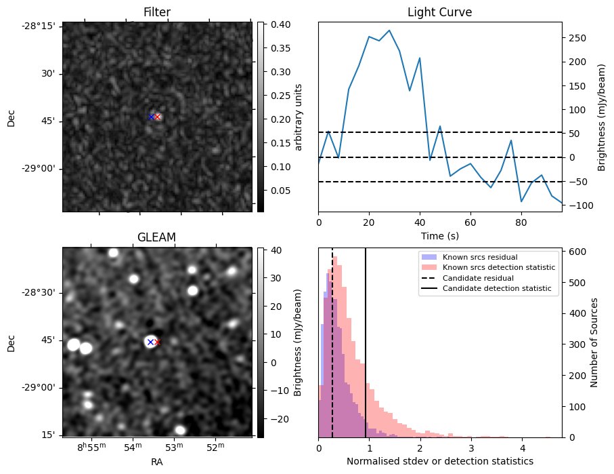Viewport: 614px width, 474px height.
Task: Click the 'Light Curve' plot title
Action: click(439, 12)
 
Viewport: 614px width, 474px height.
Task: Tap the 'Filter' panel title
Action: click(157, 12)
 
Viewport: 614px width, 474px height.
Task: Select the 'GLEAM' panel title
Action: click(156, 237)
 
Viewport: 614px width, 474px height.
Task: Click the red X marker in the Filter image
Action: click(158, 117)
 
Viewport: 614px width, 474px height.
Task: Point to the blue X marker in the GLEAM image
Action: click(150, 342)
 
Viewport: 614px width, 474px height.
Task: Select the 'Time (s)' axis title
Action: click(439, 235)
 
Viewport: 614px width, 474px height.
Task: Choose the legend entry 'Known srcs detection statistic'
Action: click(498, 268)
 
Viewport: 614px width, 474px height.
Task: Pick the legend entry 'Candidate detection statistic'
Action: click(496, 289)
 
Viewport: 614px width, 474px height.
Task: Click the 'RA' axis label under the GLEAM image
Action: click(156, 462)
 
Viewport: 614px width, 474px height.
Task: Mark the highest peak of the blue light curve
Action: click(389, 30)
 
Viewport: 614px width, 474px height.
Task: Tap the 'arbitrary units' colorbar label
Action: click(298, 117)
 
